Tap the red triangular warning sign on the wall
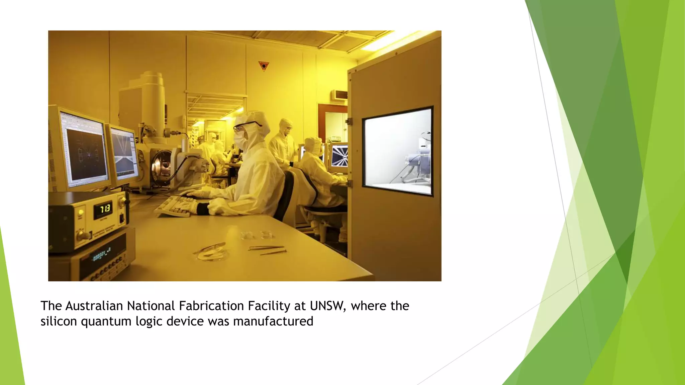[x=264, y=66]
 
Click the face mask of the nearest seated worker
[x=240, y=140]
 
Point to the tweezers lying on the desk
[x=267, y=248]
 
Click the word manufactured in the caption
[x=273, y=321]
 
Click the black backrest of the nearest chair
[x=288, y=194]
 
